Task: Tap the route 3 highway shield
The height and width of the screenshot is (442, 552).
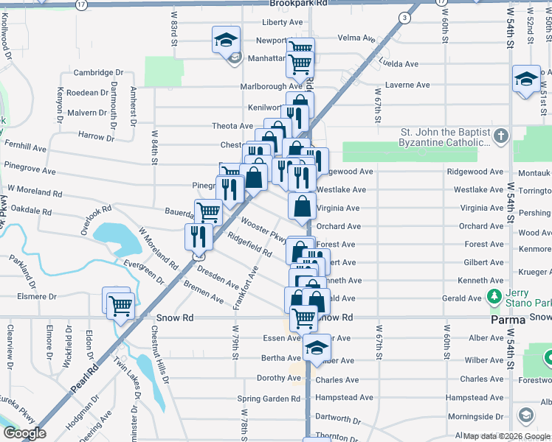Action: click(x=404, y=17)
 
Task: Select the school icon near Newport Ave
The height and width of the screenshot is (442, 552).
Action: click(x=226, y=40)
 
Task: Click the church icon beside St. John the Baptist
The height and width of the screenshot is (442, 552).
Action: click(x=501, y=136)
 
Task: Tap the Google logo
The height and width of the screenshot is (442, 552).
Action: click(x=25, y=433)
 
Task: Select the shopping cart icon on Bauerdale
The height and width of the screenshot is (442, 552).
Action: click(x=208, y=212)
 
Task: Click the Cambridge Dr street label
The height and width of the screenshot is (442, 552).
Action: click(x=98, y=73)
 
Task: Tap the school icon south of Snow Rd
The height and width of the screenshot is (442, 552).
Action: click(x=316, y=349)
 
